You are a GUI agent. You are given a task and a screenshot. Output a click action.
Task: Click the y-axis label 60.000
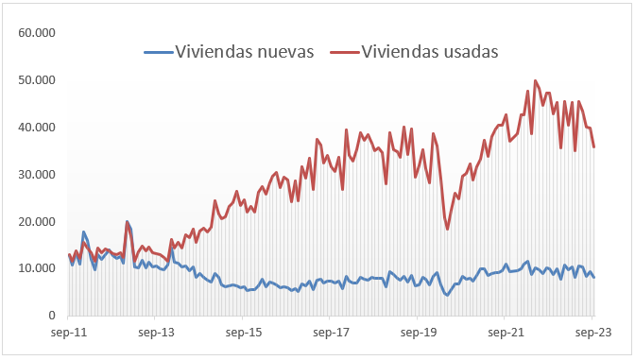click(x=38, y=33)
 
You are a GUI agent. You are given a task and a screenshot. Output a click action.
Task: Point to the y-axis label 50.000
click(x=38, y=80)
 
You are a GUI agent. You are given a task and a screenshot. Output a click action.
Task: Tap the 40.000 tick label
click(x=38, y=128)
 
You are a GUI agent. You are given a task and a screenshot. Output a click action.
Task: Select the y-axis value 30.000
click(x=38, y=175)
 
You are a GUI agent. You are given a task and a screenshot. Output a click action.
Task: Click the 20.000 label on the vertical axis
click(x=38, y=221)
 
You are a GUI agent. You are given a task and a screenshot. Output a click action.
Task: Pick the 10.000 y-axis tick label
click(x=38, y=268)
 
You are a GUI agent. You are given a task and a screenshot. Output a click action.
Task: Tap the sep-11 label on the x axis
click(x=69, y=333)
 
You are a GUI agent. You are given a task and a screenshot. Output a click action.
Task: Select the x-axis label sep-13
click(x=156, y=333)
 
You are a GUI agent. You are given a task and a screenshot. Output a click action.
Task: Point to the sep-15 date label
click(x=244, y=333)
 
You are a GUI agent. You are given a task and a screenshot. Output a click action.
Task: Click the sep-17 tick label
click(x=331, y=333)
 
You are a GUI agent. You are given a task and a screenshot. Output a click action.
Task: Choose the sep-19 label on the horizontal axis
click(x=418, y=333)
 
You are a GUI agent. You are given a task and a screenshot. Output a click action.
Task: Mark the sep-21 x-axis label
click(x=506, y=333)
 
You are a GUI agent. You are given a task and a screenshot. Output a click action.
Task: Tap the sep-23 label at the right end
click(x=592, y=333)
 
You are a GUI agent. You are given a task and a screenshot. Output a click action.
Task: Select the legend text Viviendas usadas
click(x=430, y=52)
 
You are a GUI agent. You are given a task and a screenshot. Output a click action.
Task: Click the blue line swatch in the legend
click(x=158, y=53)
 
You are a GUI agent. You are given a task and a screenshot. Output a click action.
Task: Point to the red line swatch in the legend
click(x=344, y=53)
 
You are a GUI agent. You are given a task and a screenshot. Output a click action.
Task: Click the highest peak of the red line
click(x=535, y=80)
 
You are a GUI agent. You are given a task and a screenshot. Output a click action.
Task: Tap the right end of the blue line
click(x=593, y=277)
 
